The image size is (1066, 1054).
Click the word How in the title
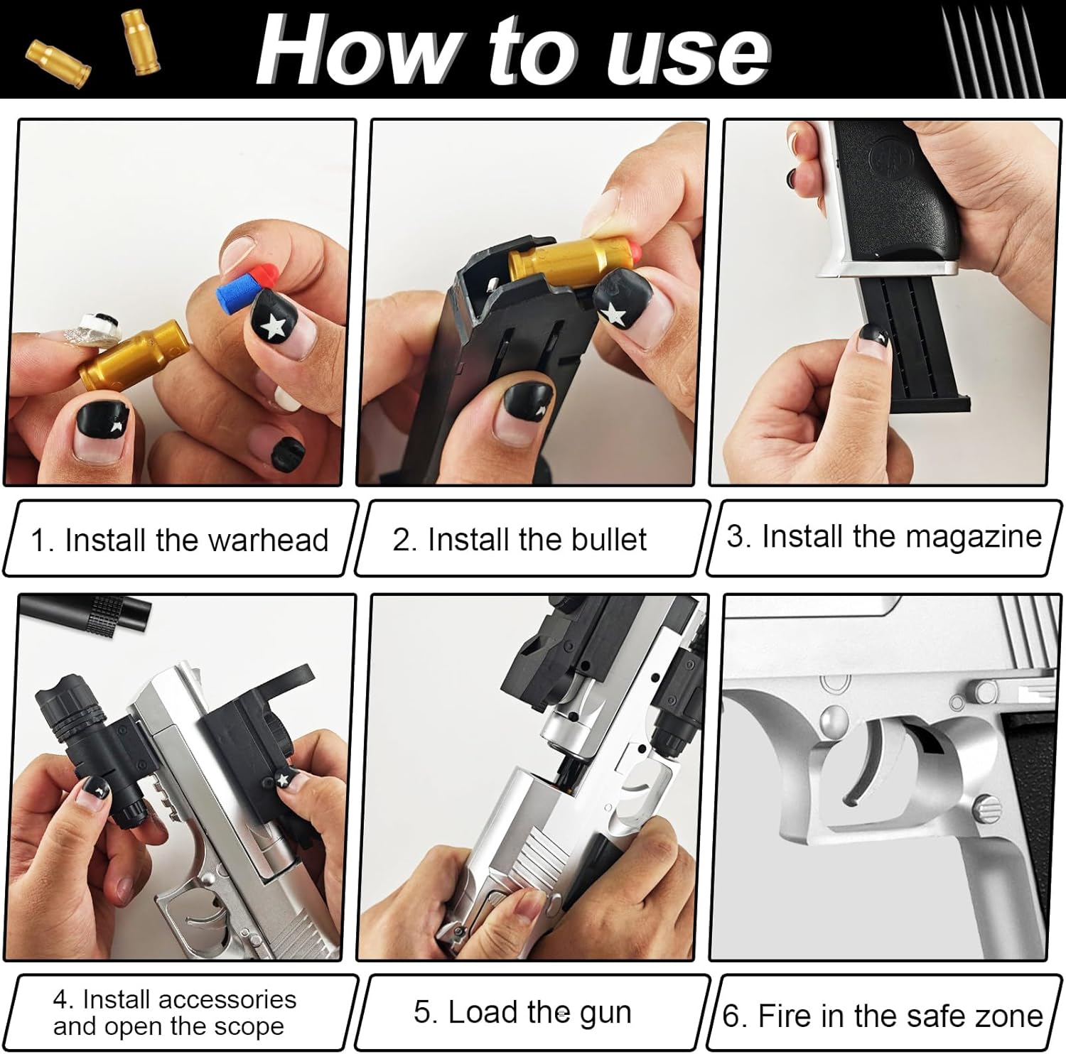pyautogui.click(x=356, y=51)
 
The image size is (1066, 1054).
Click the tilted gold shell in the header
pyautogui.click(x=58, y=64)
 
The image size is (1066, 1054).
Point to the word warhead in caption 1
pyautogui.click(x=260, y=540)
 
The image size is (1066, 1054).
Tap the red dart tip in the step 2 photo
pyautogui.click(x=638, y=254)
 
